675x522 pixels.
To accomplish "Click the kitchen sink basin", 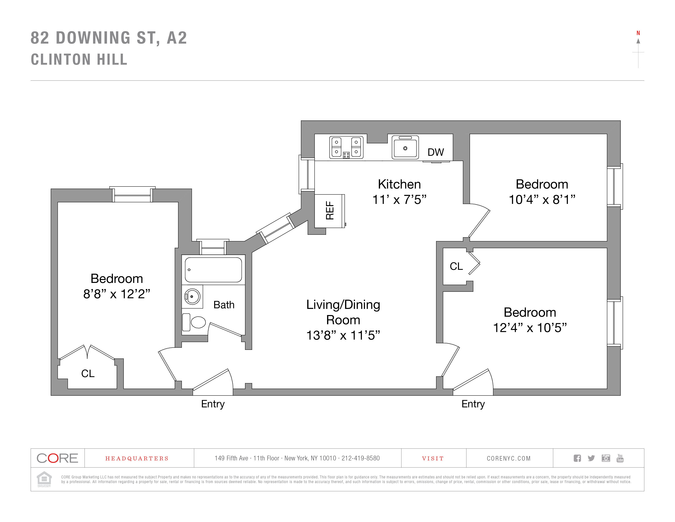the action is click(x=405, y=148).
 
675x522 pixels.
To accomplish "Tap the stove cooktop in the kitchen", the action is click(x=346, y=148).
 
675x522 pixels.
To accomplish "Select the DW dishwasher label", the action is click(x=435, y=152).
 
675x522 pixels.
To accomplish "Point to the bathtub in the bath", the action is click(x=213, y=270).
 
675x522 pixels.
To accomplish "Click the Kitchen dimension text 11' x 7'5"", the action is click(x=399, y=199).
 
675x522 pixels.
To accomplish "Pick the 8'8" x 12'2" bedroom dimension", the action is click(x=117, y=294).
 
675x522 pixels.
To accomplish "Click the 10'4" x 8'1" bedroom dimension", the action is click(x=542, y=199).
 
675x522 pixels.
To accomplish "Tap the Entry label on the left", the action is click(x=213, y=404).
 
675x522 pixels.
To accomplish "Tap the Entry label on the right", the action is click(x=473, y=404).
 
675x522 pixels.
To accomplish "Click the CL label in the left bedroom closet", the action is click(x=88, y=374).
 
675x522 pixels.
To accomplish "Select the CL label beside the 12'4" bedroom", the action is click(x=456, y=266).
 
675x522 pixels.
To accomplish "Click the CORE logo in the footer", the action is click(x=57, y=458).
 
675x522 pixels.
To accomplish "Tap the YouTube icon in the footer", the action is click(x=620, y=458).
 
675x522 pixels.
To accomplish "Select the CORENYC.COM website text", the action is click(x=509, y=459).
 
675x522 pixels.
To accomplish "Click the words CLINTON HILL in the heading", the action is click(x=79, y=59).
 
